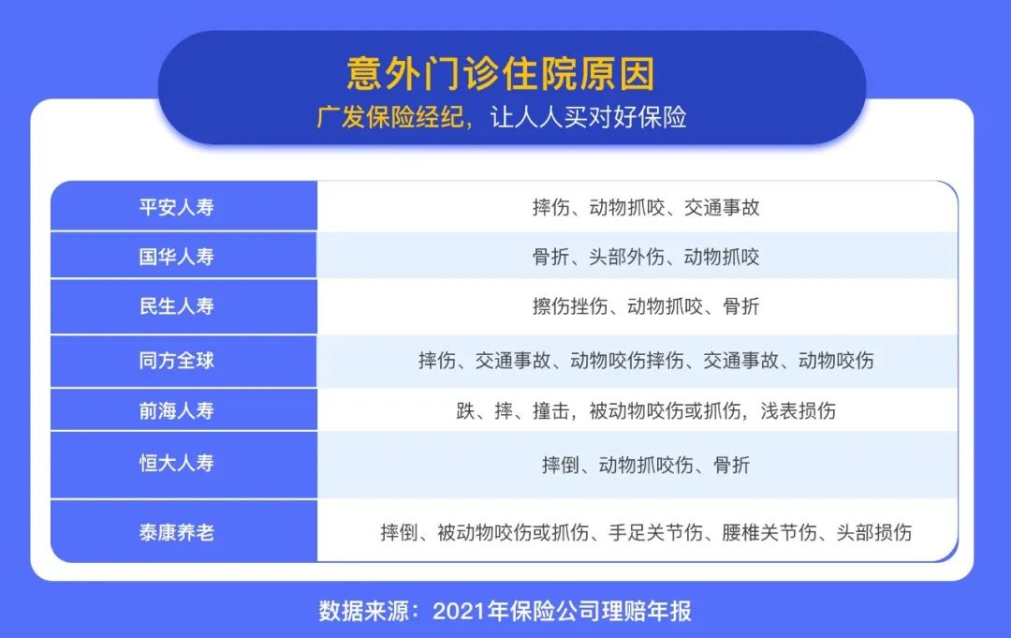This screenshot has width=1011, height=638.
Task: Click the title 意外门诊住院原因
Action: point(501,73)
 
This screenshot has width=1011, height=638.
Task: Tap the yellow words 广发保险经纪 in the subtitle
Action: point(389,117)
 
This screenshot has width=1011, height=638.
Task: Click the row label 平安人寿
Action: point(177,207)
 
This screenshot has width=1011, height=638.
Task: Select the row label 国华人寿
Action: point(177,257)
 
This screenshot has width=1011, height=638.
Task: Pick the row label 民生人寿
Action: point(177,305)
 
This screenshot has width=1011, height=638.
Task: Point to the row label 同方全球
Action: point(177,360)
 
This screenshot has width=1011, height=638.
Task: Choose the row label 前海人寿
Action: point(177,410)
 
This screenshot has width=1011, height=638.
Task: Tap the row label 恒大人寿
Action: point(177,463)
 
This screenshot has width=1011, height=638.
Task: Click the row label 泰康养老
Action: point(177,533)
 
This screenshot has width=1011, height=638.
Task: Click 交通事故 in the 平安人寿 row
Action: point(722,208)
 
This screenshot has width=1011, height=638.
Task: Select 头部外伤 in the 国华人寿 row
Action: point(626,257)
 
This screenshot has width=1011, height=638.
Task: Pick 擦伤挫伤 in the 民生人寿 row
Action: point(570,305)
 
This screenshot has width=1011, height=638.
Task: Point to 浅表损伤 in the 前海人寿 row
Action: point(799,411)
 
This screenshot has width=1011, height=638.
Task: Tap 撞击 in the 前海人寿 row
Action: point(551,411)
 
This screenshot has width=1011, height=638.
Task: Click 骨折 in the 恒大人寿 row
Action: point(732,465)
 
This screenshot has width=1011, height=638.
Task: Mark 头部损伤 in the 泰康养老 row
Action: point(874,533)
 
